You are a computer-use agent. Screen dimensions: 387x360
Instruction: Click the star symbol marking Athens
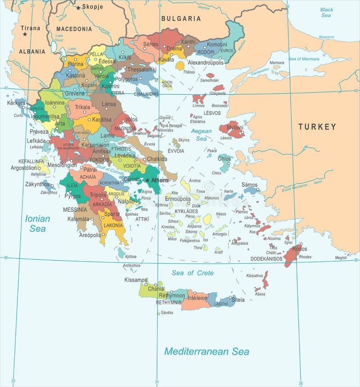tap(147, 180)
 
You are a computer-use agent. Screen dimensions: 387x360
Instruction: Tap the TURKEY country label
tap(317, 127)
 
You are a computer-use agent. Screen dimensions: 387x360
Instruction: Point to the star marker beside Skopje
tap(78, 8)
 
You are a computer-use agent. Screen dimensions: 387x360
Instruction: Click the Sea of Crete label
tap(193, 273)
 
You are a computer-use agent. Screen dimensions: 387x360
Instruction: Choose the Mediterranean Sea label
tap(206, 351)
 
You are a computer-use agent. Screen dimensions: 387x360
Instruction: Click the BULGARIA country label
tap(181, 18)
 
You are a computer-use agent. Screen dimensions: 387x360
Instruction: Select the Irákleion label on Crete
tap(198, 298)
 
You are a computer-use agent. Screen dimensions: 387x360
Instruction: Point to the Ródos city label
tap(299, 249)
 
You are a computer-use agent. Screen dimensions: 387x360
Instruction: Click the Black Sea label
tap(327, 13)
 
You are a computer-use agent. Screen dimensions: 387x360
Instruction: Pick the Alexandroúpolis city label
tap(205, 62)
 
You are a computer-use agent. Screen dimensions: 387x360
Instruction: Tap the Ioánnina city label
tap(55, 102)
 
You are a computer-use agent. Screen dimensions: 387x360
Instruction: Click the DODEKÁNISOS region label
tap(266, 259)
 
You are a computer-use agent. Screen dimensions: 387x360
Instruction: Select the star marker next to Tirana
tap(25, 34)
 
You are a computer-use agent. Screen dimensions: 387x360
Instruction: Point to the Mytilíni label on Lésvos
tap(235, 128)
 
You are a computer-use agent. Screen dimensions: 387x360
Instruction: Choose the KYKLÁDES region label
tap(186, 211)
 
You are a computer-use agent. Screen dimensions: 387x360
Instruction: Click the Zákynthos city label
tap(37, 184)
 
